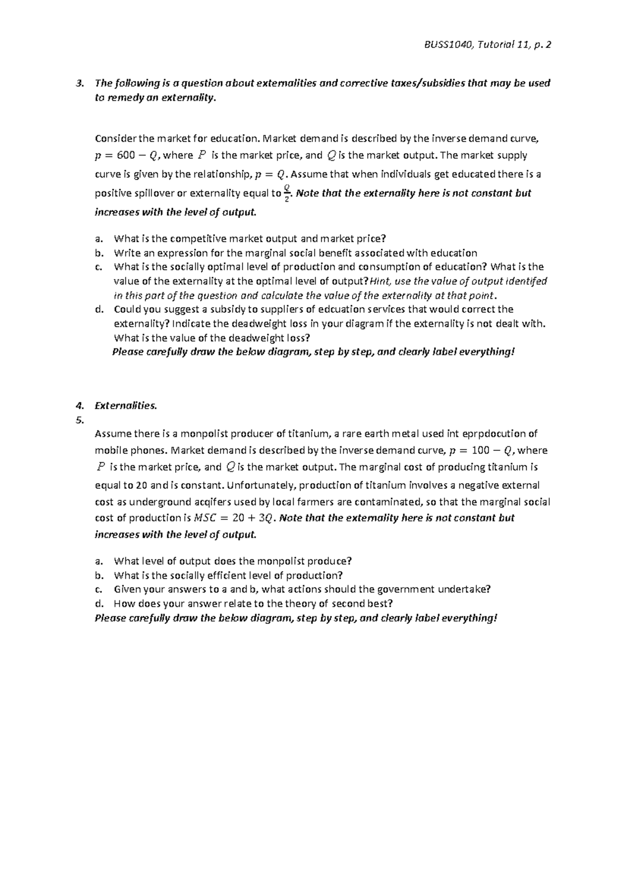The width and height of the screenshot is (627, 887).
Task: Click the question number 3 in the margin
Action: pos(79,83)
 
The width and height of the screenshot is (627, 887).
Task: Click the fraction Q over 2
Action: pos(286,193)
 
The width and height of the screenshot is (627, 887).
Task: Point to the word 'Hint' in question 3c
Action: pos(380,281)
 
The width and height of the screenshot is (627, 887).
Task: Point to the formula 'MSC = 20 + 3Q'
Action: pos(234,518)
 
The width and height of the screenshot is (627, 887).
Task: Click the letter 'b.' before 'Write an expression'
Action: pos(99,253)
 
